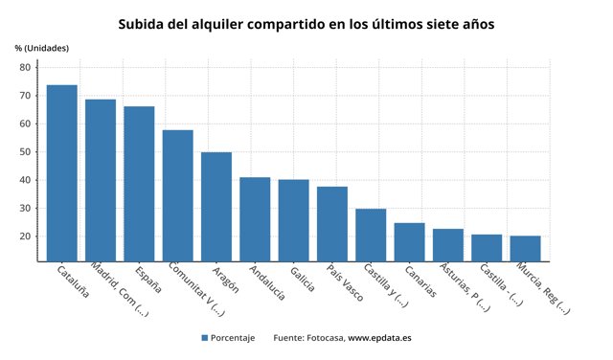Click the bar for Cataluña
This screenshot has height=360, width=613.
62,173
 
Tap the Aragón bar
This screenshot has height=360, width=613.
216,207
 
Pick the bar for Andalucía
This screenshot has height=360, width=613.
255,219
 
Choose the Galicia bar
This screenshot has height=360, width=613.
293,220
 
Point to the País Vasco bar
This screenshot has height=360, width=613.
332,224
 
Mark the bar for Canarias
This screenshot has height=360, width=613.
409,242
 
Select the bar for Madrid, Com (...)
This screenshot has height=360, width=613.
101,180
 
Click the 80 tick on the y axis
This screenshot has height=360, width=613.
26,67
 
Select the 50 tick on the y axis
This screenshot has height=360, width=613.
26,151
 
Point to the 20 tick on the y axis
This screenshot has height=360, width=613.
26,236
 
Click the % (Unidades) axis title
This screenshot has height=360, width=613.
42,48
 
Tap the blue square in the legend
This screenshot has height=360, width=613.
205,338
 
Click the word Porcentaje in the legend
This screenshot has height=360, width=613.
234,338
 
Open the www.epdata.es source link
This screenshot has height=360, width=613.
379,338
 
